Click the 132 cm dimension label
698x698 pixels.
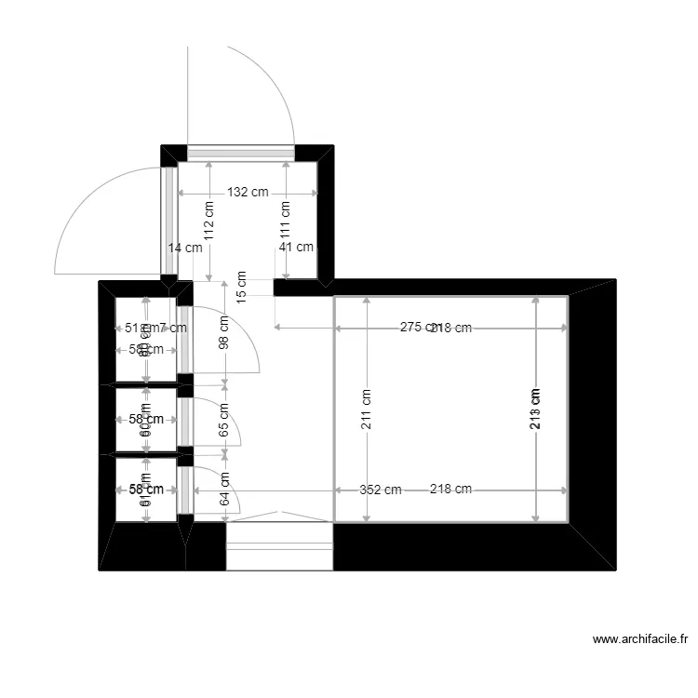click(x=248, y=193)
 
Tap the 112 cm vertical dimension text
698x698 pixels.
click(x=209, y=221)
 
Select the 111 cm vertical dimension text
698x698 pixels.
click(x=286, y=221)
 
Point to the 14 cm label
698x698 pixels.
click(x=185, y=248)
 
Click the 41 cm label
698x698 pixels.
click(x=297, y=248)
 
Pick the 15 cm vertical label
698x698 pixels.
click(x=242, y=287)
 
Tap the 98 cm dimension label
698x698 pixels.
click(x=224, y=332)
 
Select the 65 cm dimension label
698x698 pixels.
click(x=224, y=416)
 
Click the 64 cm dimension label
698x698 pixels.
click(x=224, y=489)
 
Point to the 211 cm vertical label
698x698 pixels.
click(x=367, y=409)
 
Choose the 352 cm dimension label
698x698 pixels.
click(x=381, y=490)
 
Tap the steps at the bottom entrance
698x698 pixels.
click(x=279, y=546)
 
